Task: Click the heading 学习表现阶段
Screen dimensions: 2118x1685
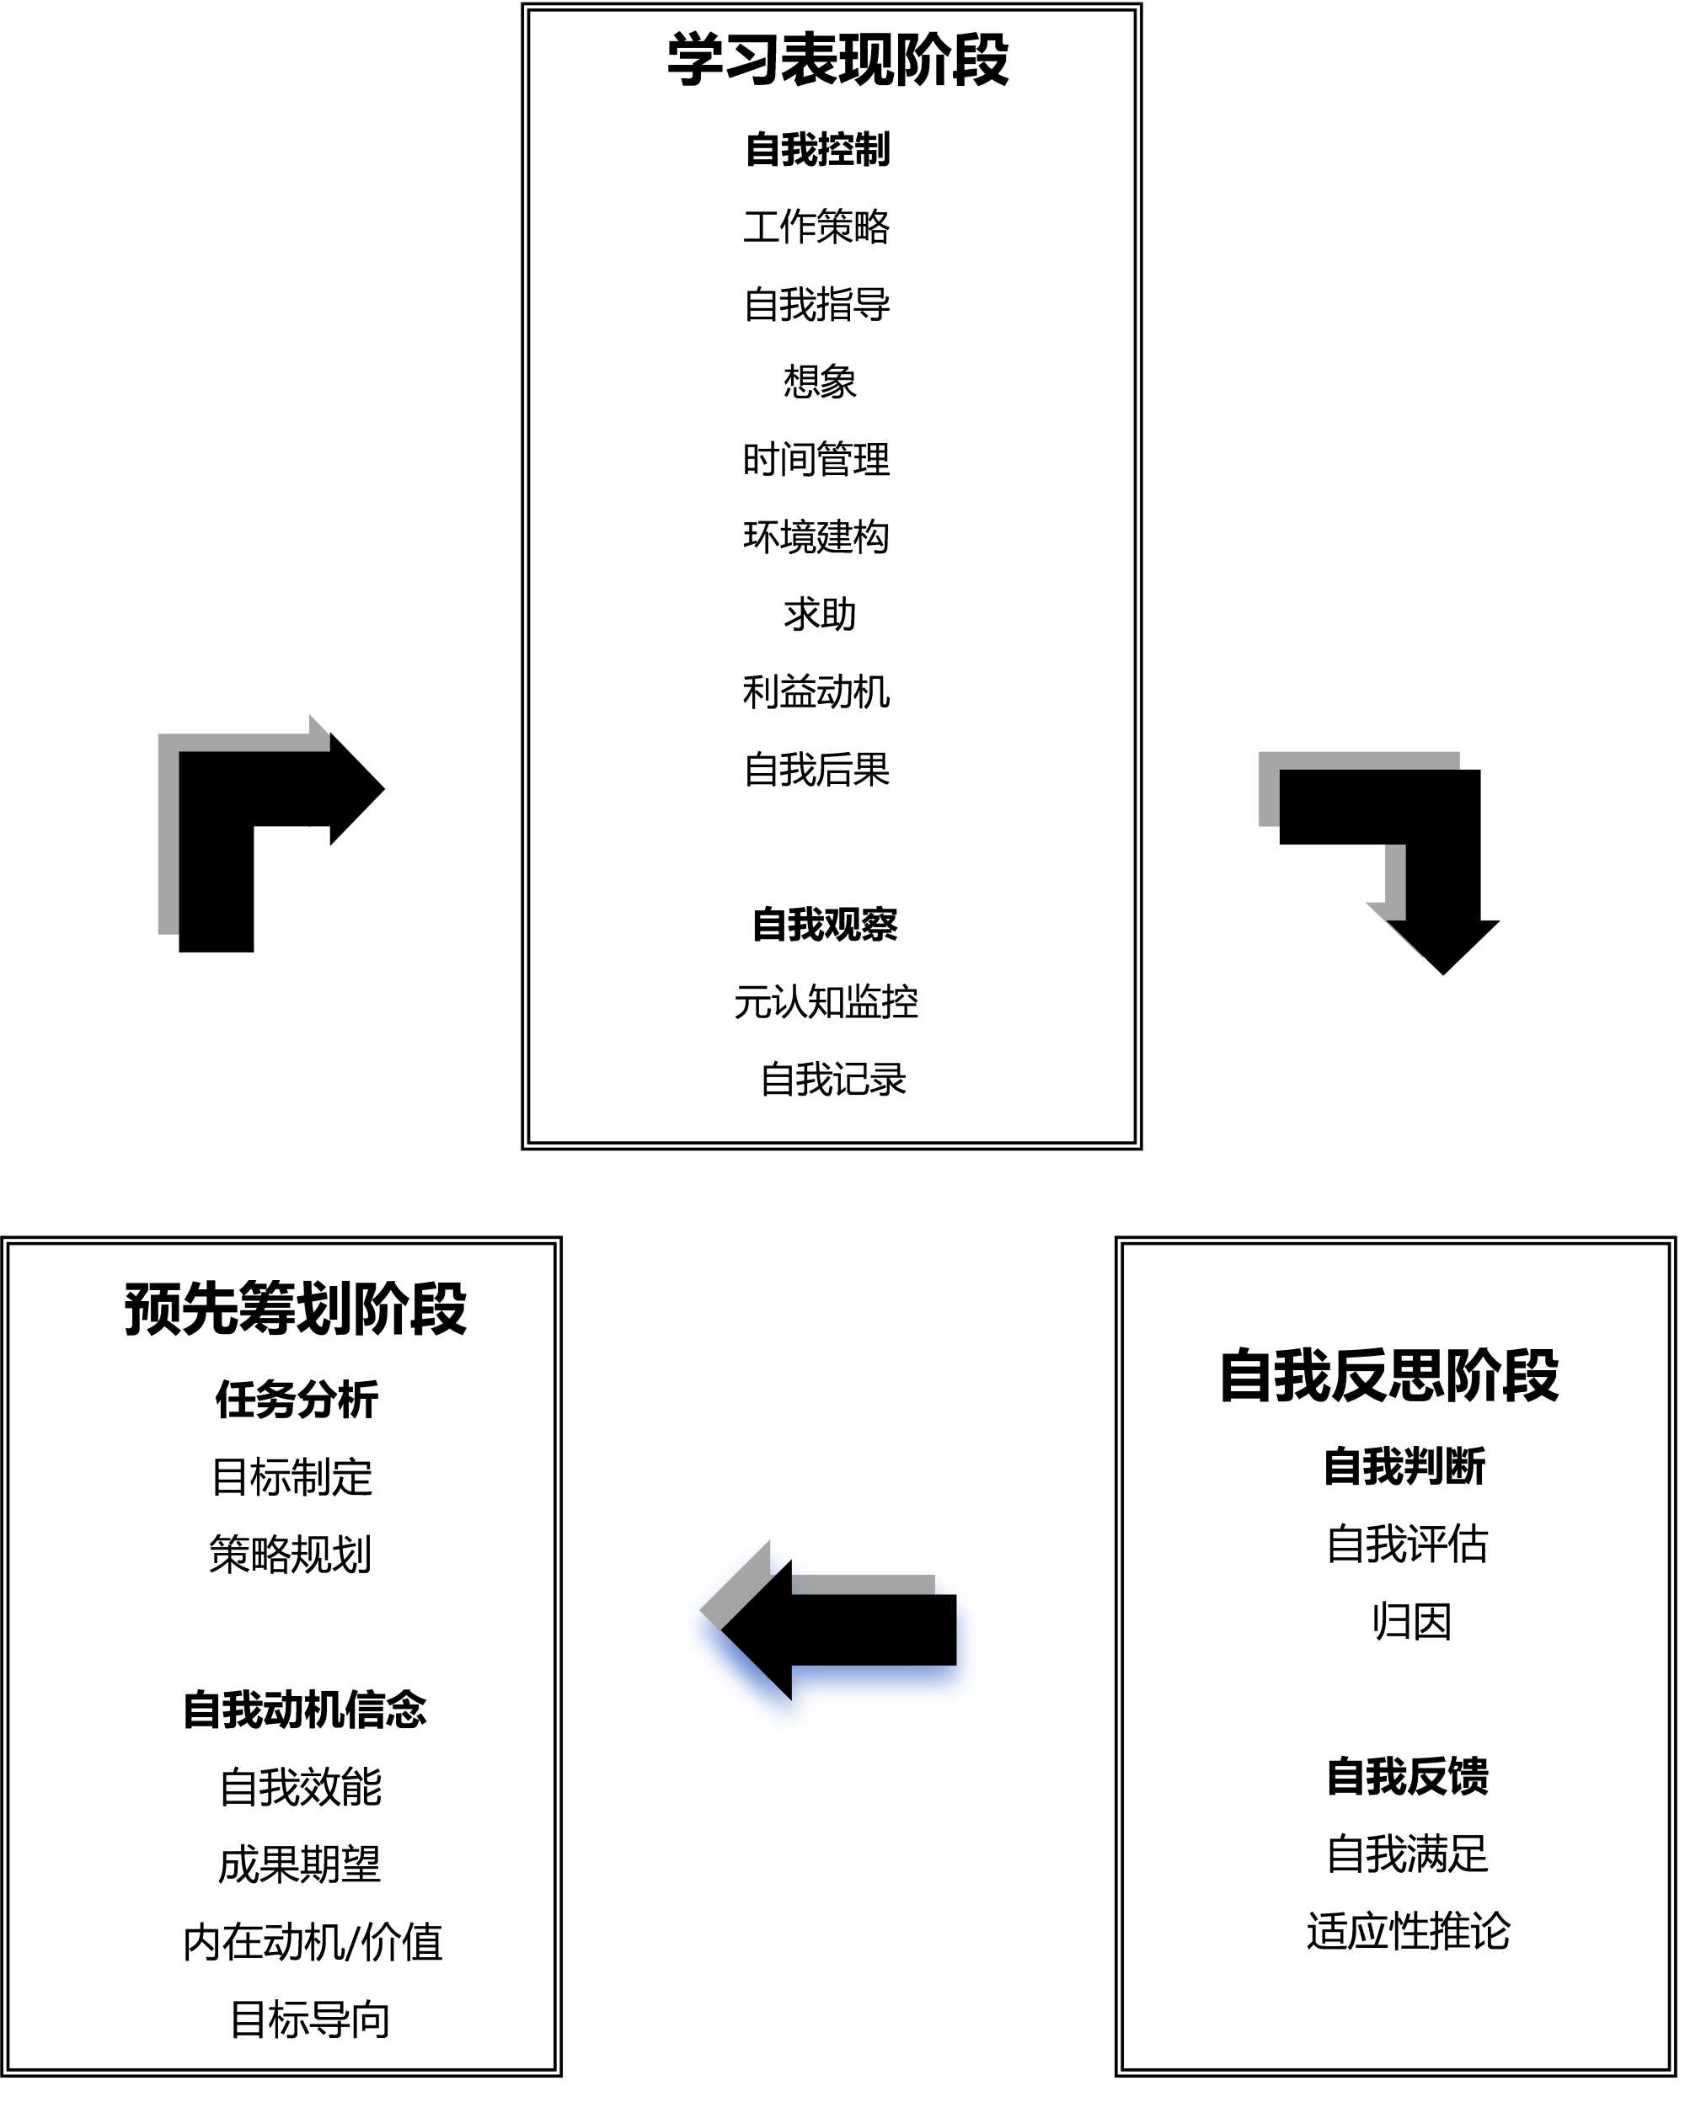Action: tap(837, 61)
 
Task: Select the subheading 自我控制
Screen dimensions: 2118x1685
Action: tap(817, 149)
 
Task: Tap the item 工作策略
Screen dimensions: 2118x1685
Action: tap(816, 227)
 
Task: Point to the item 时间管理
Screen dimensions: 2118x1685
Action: tap(816, 460)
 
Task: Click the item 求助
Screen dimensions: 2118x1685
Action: tap(820, 615)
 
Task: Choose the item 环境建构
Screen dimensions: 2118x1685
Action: tap(816, 537)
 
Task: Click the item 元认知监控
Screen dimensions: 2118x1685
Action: tap(826, 1002)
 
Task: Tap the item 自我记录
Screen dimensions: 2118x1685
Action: tap(833, 1080)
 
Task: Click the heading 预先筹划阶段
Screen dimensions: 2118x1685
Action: tap(295, 1309)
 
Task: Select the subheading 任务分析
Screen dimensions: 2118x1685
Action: tap(297, 1400)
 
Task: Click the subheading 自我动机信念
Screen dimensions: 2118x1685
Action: tap(305, 1710)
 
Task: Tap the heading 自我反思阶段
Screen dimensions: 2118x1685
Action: tap(1388, 1375)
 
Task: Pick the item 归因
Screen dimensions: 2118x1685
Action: tap(1412, 1622)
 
